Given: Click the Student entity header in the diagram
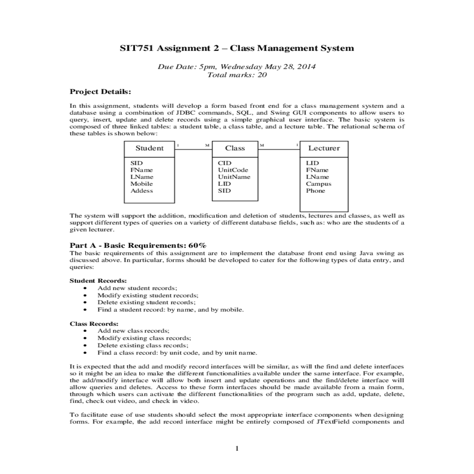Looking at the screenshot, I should click(x=149, y=149).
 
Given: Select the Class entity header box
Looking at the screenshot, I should click(x=235, y=149).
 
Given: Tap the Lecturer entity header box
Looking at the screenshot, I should click(x=324, y=149).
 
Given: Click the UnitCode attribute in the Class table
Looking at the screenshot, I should click(x=233, y=170).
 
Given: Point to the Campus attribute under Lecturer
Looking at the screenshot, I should click(x=318, y=184).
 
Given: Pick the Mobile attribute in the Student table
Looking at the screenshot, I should click(x=141, y=184).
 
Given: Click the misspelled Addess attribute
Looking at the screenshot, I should click(x=141, y=191).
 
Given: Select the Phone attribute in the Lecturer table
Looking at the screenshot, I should click(x=315, y=191).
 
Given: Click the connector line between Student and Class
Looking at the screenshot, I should click(x=194, y=149).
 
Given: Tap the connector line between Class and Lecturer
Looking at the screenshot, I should click(x=279, y=149).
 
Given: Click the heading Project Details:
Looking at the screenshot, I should click(x=100, y=92).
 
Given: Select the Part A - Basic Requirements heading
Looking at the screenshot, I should click(x=138, y=245).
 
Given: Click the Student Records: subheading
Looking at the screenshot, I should click(x=98, y=281).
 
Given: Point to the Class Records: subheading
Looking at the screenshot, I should click(x=94, y=324).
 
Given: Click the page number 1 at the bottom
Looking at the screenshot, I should click(x=237, y=448).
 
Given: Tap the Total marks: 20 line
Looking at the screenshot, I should click(x=237, y=75).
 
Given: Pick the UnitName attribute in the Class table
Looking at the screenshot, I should click(x=234, y=177).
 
